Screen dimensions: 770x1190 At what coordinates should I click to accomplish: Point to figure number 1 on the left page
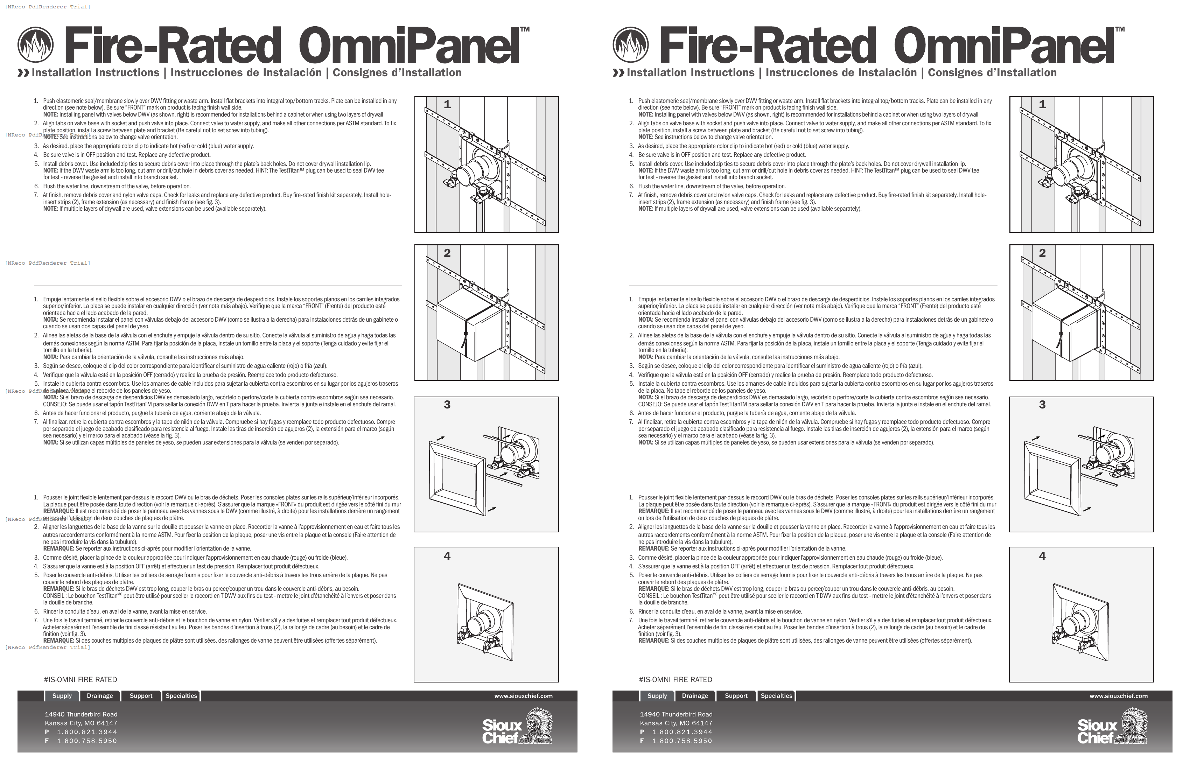click(447, 105)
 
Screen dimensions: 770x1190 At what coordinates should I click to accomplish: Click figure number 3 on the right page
click(1042, 405)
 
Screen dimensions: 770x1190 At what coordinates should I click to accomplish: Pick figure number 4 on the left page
click(447, 556)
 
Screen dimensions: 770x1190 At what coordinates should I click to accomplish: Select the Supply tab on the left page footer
click(62, 696)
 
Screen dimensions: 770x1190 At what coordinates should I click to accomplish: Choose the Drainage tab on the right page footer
click(694, 696)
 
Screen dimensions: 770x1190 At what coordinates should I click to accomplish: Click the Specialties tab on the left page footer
click(181, 696)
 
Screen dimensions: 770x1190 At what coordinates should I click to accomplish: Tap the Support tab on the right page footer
click(736, 696)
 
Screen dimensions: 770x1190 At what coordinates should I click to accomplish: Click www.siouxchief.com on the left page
click(523, 696)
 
